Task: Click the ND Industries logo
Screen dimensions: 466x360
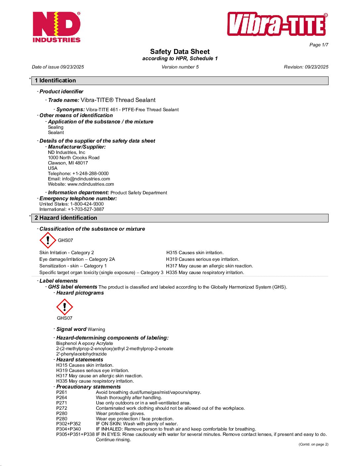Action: point(57,27)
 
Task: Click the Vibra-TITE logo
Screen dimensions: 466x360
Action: point(277,24)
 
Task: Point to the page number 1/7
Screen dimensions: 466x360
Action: point(319,45)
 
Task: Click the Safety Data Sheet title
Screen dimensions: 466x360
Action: point(180,52)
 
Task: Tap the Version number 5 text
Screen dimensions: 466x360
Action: point(180,67)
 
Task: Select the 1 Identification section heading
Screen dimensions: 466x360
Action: point(55,80)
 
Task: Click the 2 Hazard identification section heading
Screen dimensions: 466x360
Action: point(66,218)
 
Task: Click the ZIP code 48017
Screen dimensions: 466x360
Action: point(81,163)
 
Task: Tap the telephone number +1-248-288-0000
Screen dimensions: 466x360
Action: point(90,173)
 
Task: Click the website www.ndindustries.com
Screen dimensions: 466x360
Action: point(91,184)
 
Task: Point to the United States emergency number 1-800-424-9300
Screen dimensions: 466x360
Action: point(87,204)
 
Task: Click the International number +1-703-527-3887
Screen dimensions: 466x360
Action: point(86,209)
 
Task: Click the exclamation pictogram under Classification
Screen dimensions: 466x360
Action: point(48,240)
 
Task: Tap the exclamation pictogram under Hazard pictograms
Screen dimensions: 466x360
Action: point(65,307)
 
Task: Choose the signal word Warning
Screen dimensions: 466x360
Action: point(96,329)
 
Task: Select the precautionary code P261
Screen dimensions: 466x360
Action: point(62,392)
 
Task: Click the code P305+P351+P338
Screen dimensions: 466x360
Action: point(75,434)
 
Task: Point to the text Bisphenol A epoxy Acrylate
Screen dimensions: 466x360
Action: point(85,343)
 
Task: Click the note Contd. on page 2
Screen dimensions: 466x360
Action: point(313,444)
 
